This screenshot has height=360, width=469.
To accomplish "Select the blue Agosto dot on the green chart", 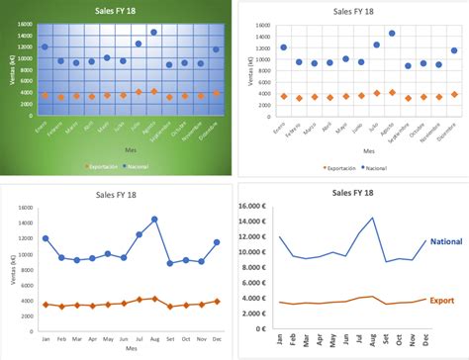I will point(153,32).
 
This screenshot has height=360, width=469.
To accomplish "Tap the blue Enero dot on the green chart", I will point(45,46).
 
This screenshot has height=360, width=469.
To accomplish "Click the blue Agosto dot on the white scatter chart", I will point(392,33).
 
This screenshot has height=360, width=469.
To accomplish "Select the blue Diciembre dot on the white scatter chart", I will point(454,50).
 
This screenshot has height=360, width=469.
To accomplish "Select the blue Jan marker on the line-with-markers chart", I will point(46,238).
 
